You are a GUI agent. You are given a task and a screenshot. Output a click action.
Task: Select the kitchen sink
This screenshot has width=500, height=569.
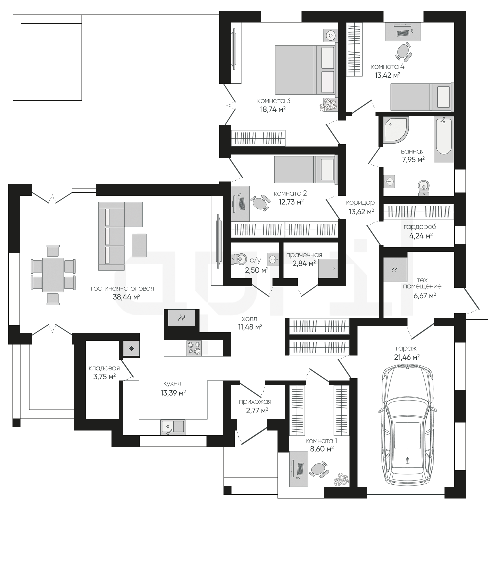coord(172,427)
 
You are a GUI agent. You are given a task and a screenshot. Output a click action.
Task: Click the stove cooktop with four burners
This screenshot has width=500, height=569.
coord(194,348)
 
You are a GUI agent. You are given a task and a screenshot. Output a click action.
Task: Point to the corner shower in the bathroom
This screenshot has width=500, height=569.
coord(395,130)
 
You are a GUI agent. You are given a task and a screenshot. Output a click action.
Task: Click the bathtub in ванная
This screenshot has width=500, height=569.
coord(444,139)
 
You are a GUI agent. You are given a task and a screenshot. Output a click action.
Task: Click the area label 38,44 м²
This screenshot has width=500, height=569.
coord(126,297)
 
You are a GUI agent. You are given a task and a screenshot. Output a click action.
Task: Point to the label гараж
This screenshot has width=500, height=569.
coord(406,348)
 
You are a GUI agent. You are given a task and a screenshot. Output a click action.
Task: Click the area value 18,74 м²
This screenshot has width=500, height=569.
coord(273,109)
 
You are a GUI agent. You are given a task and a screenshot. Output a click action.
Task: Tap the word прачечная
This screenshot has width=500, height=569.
coord(304,255)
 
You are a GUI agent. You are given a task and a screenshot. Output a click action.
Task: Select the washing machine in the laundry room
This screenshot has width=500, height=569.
coord(328,268)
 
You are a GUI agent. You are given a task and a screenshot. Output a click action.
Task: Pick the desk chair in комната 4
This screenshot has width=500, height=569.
coord(404,52)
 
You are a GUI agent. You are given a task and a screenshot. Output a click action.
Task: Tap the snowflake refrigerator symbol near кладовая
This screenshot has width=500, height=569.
coord(131,348)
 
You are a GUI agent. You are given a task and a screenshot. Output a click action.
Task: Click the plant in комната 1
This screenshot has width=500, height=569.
coord(342,479)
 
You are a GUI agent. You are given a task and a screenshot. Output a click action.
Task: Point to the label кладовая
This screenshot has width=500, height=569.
coord(104,368)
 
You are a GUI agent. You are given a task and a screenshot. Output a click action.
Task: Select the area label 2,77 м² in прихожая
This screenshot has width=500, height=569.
coord(257,410)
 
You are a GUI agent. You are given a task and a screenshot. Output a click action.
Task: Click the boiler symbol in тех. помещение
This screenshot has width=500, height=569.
coord(395,269)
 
